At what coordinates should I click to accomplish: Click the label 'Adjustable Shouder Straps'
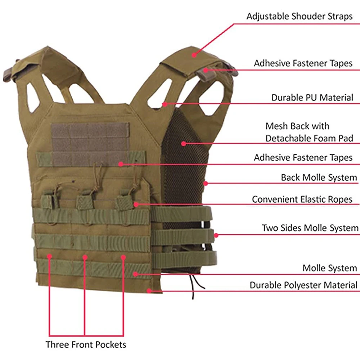tap(299, 16)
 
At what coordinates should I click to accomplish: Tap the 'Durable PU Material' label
tap(312, 98)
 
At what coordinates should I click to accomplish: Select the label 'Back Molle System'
tap(319, 177)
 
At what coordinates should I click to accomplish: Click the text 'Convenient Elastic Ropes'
tap(302, 199)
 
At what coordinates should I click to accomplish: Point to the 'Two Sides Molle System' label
tap(310, 228)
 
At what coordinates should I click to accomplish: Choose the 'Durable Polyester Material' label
tap(303, 285)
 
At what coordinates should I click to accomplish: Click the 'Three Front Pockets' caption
tap(86, 344)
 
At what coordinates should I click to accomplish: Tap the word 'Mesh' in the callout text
tap(277, 126)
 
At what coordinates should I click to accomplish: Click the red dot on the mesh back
tap(184, 143)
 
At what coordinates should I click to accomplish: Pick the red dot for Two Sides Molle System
tap(216, 235)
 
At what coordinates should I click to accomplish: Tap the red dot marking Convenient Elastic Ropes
tap(136, 204)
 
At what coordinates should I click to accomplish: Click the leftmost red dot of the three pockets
tap(49, 256)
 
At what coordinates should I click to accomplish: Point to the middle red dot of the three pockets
tap(85, 257)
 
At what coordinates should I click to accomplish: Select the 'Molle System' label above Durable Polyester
tap(329, 268)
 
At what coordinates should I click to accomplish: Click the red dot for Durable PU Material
tap(164, 104)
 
